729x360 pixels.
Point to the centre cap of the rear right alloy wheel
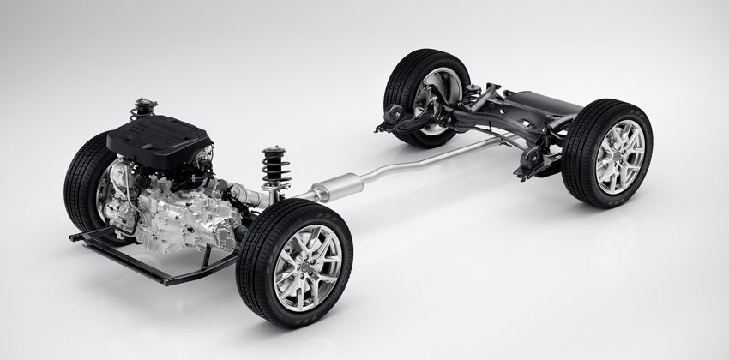(x=618, y=158)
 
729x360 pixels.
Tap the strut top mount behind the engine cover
(x=143, y=109)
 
